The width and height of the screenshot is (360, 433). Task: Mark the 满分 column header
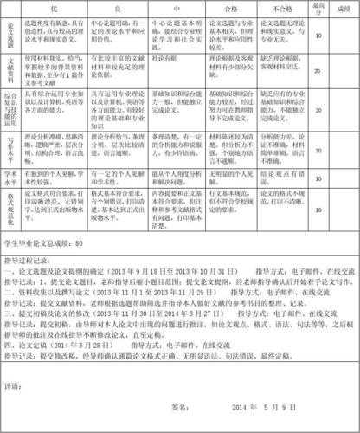point(318,10)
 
